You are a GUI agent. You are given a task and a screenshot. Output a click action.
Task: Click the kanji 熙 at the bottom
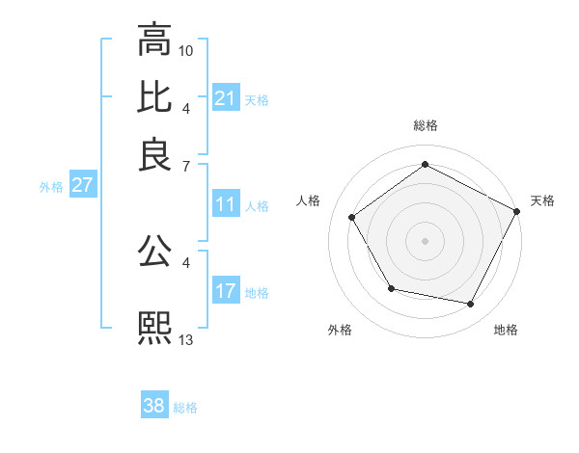[154, 328]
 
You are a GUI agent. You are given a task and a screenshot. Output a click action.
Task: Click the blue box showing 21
[225, 97]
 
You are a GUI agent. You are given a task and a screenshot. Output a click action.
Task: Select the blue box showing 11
[225, 204]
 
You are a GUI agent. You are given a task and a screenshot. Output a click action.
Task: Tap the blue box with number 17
[225, 291]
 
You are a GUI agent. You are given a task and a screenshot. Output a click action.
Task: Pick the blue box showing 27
[82, 185]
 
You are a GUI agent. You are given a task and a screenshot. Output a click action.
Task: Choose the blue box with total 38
[153, 406]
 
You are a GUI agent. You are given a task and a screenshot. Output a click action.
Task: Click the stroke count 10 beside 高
[186, 49]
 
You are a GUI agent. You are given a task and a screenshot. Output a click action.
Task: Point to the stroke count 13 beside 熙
[186, 338]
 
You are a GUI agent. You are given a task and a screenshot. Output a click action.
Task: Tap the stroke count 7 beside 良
[186, 165]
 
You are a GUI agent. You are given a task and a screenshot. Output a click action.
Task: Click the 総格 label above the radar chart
[425, 125]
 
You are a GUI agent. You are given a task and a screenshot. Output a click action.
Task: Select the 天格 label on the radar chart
[542, 200]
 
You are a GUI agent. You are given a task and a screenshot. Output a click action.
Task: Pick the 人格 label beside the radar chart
[309, 200]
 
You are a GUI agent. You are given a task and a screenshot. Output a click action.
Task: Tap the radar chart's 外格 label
[340, 330]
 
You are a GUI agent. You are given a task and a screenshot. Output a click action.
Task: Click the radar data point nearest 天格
[517, 211]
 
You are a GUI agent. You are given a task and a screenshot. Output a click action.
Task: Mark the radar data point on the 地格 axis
[471, 305]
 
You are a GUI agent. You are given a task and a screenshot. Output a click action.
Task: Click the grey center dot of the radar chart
[425, 241]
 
